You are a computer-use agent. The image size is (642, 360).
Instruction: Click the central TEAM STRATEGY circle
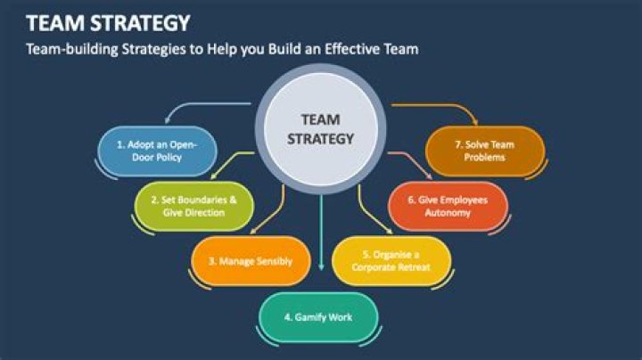click(x=321, y=129)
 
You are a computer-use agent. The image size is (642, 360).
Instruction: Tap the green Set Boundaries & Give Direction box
click(x=193, y=207)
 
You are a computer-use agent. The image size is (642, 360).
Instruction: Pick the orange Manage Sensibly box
click(x=251, y=262)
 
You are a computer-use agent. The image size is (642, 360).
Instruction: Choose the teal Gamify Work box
click(x=319, y=316)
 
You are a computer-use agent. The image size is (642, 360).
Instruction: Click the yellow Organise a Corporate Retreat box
click(x=391, y=261)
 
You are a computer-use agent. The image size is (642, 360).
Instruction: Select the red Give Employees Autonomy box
click(x=448, y=206)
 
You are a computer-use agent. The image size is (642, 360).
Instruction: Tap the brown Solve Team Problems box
click(x=485, y=151)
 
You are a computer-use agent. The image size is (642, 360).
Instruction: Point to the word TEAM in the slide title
click(x=56, y=21)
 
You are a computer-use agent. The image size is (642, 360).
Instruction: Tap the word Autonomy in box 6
click(x=449, y=213)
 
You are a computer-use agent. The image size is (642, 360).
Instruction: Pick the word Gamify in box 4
click(x=312, y=317)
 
